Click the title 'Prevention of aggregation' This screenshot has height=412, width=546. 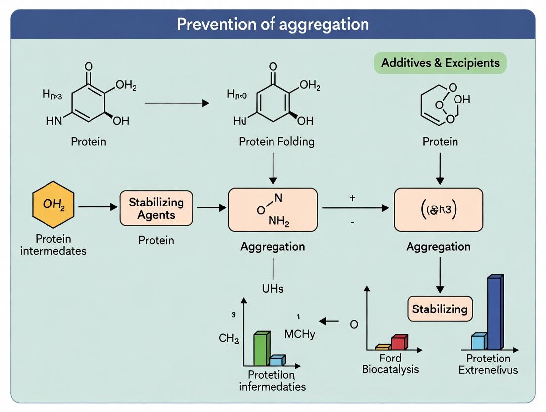click(273, 24)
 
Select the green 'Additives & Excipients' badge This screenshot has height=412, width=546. click(440, 63)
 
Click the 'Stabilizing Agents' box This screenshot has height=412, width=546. click(156, 208)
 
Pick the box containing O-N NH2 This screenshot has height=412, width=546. click(273, 209)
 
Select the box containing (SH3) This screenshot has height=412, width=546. click(438, 209)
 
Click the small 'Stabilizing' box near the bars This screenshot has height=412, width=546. click(440, 309)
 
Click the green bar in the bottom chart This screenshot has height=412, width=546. click(262, 349)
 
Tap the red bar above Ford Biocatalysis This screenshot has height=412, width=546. click(399, 342)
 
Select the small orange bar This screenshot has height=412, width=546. click(383, 347)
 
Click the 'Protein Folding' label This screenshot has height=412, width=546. click(276, 142)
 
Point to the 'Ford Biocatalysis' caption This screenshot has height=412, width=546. click(390, 363)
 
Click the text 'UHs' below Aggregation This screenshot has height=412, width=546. click(273, 288)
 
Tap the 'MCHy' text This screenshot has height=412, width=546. click(300, 334)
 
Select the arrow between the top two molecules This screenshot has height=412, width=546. click(177, 103)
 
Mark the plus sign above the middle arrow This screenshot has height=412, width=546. click(352, 198)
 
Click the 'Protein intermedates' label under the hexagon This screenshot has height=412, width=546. click(53, 245)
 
